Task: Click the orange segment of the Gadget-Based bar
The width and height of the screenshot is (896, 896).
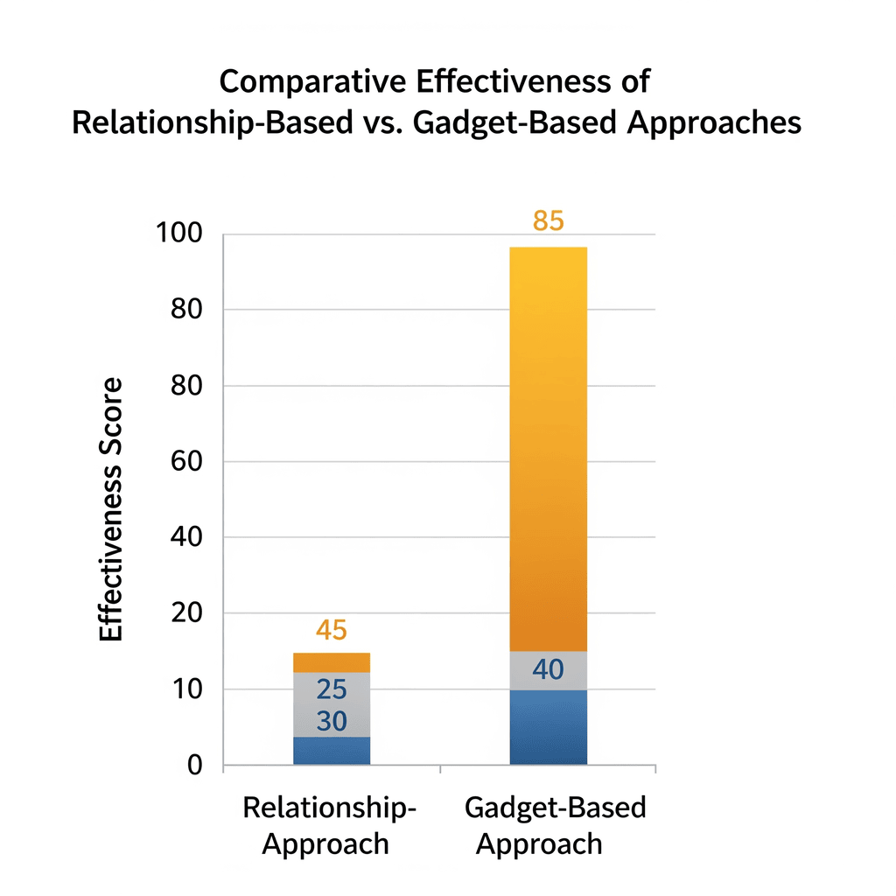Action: (x=548, y=446)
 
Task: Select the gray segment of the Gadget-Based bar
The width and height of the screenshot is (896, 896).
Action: (x=548, y=670)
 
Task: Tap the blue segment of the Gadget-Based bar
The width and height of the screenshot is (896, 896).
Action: (x=548, y=727)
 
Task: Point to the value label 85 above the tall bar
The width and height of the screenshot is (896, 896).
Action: (x=548, y=221)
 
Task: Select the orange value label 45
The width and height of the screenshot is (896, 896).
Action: (x=332, y=631)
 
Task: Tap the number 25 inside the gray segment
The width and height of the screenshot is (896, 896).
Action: (x=332, y=690)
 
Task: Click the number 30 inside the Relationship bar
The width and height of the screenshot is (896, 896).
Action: (x=332, y=722)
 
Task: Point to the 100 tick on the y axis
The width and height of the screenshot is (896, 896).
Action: (x=178, y=234)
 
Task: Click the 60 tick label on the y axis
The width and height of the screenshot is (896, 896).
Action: (x=185, y=462)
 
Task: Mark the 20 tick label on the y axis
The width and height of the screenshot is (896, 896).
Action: (x=185, y=613)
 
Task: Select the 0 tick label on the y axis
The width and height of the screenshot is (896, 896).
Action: (x=194, y=766)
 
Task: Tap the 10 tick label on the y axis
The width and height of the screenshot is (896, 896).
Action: (x=185, y=689)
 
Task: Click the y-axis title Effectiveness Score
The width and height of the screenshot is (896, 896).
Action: (x=111, y=510)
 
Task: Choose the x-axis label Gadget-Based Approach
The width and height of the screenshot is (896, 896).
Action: (x=555, y=825)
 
